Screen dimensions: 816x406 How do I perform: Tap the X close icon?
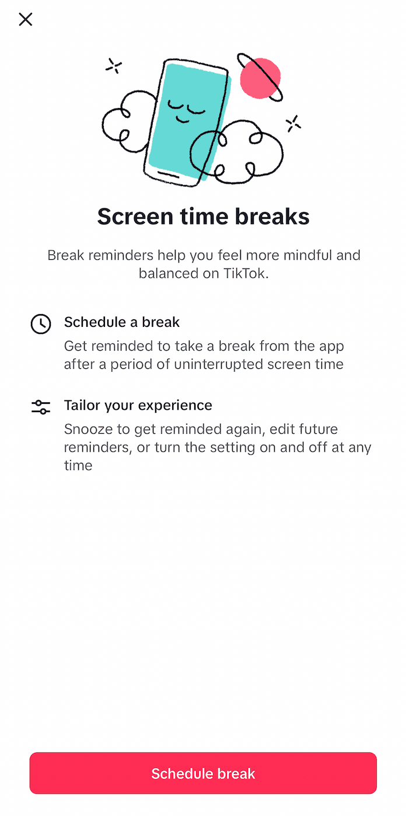26,20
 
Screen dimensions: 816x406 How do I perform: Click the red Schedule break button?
203,773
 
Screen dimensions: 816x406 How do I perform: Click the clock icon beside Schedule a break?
41,324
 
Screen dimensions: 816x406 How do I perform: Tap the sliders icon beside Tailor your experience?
41,407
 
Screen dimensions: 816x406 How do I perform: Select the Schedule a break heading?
122,322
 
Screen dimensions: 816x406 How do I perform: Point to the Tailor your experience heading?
138,405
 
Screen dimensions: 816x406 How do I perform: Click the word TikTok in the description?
246,273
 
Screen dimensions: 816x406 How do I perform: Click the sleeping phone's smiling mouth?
184,120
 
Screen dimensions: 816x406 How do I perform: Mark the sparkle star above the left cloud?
114,67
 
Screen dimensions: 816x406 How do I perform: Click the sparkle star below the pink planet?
293,123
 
